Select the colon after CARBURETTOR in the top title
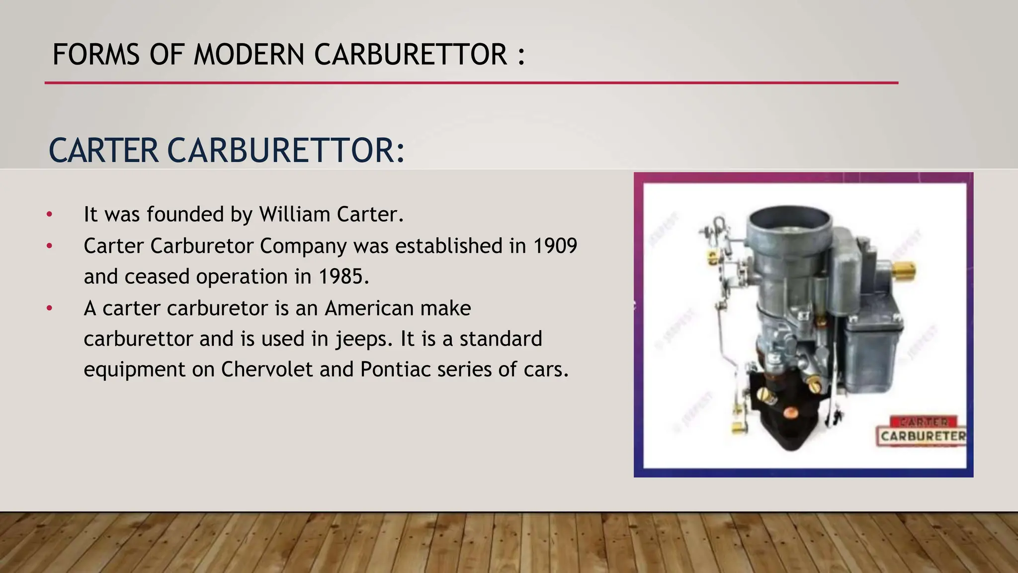tap(520, 56)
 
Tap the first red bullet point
tap(49, 215)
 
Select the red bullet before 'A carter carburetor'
tap(49, 308)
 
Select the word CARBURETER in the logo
tap(923, 436)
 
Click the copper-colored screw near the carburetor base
tap(789, 412)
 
